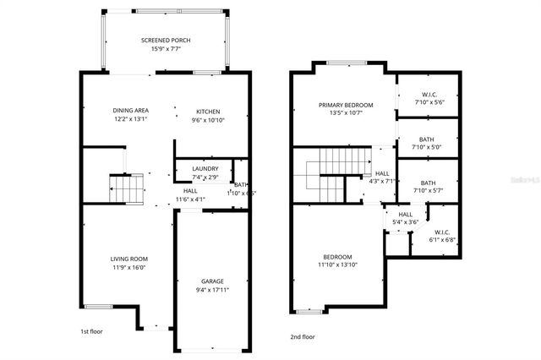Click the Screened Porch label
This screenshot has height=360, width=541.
tap(166, 40)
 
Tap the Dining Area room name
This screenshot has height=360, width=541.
tap(131, 111)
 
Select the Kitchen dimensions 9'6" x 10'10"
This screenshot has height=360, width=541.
tap(208, 120)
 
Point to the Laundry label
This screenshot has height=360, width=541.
tap(205, 168)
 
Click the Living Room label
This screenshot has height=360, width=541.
tap(128, 259)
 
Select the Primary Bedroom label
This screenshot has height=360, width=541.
tap(346, 105)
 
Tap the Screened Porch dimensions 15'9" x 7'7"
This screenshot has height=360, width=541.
tap(166, 49)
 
